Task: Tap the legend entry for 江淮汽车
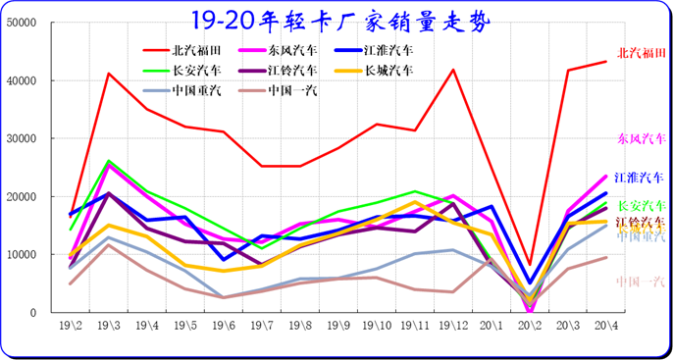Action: click(x=388, y=50)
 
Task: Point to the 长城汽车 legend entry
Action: click(x=388, y=71)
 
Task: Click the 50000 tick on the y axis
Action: click(x=23, y=23)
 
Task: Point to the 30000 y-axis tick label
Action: click(x=23, y=138)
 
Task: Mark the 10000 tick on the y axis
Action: click(x=23, y=255)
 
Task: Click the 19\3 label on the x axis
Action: click(x=109, y=325)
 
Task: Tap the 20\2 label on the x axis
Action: click(x=531, y=325)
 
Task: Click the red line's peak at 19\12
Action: click(x=453, y=70)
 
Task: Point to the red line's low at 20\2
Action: click(x=531, y=266)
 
